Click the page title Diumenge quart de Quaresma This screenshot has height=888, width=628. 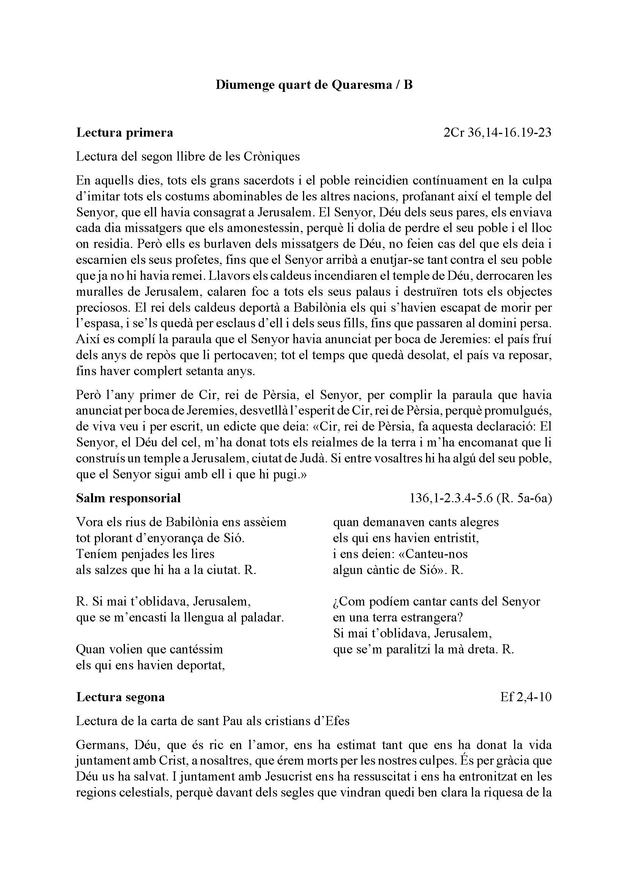(314, 85)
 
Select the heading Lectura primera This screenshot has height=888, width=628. (125, 132)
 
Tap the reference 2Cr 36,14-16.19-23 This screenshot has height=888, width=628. (497, 132)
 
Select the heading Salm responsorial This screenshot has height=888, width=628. (128, 498)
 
